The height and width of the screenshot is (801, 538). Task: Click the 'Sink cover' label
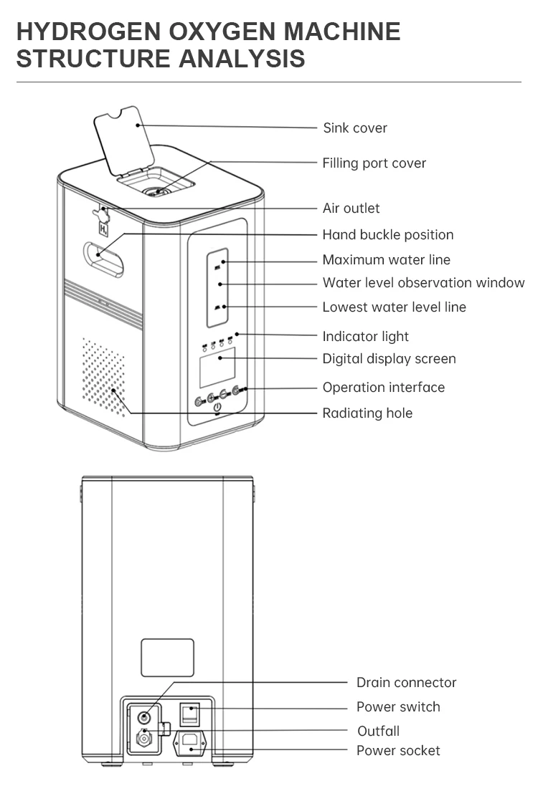[354, 128]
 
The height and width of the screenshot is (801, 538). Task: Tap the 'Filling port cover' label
[374, 163]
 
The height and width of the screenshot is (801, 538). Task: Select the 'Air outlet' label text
[351, 208]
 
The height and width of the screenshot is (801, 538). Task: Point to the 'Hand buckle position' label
[387, 235]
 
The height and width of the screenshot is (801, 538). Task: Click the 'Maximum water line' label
[386, 260]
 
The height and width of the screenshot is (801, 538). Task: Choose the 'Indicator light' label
[365, 337]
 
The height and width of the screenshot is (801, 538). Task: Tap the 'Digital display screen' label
[389, 359]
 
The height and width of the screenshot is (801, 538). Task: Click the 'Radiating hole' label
[367, 413]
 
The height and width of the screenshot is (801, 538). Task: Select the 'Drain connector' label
[406, 683]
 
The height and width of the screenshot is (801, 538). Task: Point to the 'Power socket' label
[398, 751]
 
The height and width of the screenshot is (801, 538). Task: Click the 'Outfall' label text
[378, 731]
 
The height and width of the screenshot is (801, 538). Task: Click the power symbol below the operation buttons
[218, 408]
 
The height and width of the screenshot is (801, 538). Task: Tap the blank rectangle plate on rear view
[167, 658]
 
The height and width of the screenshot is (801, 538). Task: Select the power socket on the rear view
[189, 742]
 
